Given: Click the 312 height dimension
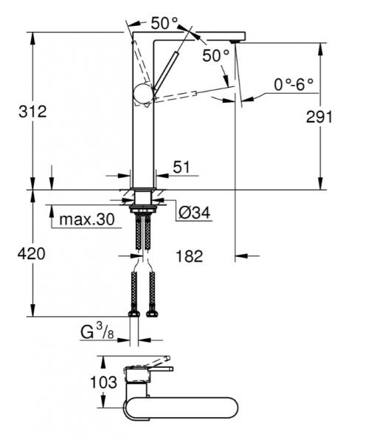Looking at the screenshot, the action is tap(32, 112).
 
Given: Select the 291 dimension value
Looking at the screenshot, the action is tap(319, 117).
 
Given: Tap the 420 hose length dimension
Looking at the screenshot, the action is tap(31, 254).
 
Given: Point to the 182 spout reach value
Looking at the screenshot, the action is tap(189, 256).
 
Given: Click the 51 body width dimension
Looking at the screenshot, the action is tap(181, 167).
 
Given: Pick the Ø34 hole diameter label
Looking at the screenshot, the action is tap(195, 213).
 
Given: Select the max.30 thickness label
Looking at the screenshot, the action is tap(87, 219).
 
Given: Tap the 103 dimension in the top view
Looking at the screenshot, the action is tap(103, 382).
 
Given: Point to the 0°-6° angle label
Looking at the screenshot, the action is tap(294, 84).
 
